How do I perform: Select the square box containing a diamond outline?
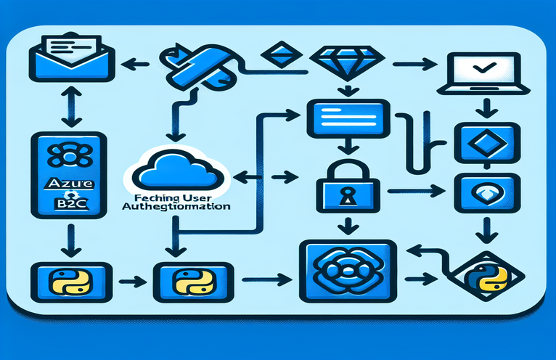[477, 139]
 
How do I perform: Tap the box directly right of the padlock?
[476, 191]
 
